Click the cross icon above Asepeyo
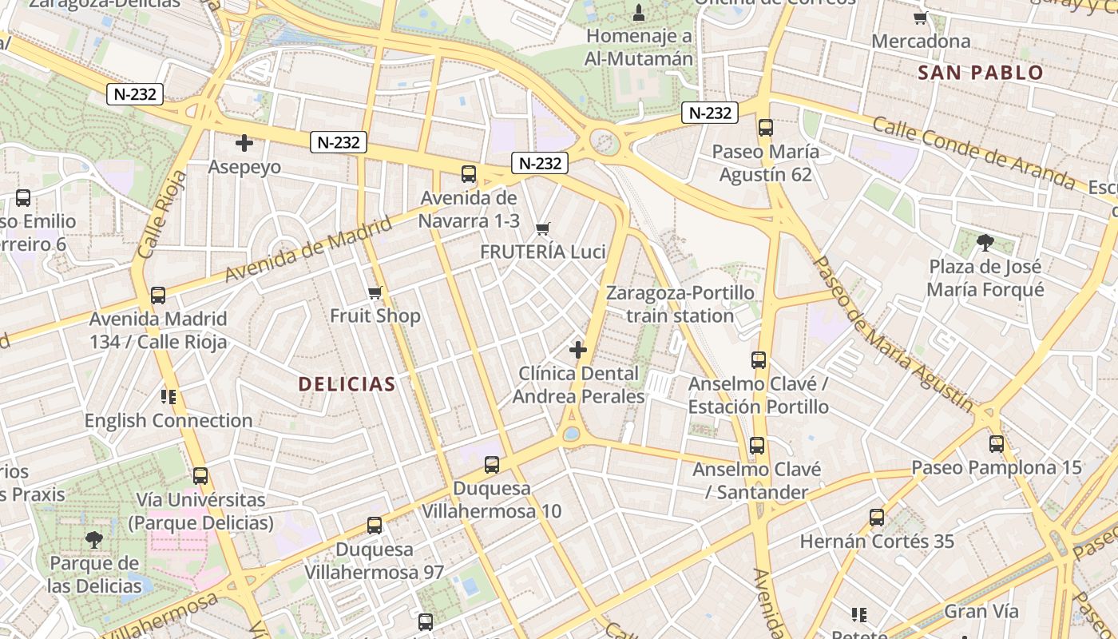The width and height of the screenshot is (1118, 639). coord(244,144)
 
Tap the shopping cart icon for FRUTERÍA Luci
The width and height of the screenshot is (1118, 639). coord(543,229)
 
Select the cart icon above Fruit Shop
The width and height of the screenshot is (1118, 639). coord(375,293)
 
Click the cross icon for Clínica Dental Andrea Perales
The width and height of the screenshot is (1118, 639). coord(577,350)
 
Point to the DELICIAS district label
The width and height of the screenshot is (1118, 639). coord(347,384)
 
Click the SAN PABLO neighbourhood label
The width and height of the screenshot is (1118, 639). coord(981,73)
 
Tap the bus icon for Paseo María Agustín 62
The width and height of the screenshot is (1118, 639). coord(766,128)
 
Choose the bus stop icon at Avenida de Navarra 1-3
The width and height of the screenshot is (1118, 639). coord(469,174)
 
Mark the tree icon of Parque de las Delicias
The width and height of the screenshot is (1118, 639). coord(94,540)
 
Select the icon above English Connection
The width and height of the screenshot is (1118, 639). coord(168,397)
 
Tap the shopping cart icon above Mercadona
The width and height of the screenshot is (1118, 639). coord(921,18)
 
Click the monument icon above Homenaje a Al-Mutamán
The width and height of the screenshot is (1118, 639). coord(638,13)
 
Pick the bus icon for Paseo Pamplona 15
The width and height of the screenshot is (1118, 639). coord(997,444)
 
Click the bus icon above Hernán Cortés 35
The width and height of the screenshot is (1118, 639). coord(877,518)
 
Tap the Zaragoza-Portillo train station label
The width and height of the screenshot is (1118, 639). coord(680,304)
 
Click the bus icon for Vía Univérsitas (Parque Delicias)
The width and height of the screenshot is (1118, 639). coord(200,476)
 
